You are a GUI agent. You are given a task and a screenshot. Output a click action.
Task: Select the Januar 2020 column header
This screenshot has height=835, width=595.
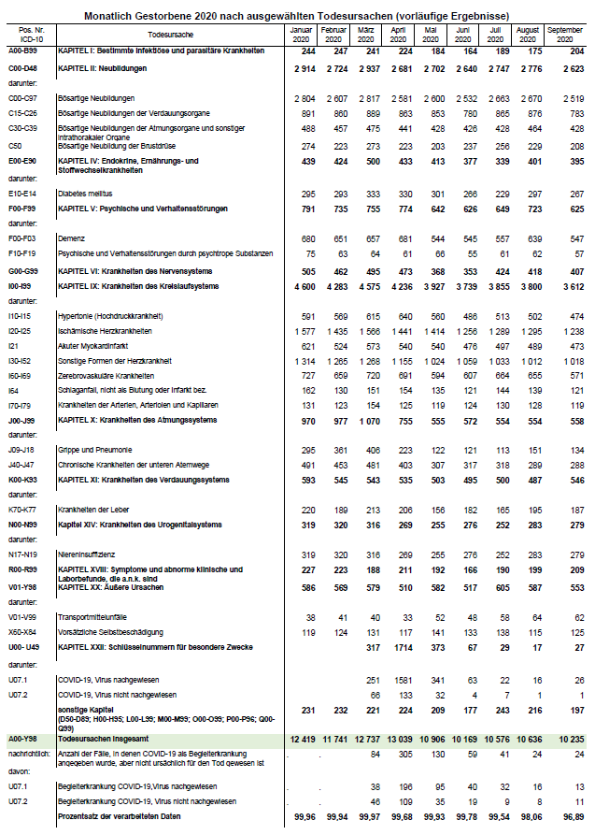click(300, 36)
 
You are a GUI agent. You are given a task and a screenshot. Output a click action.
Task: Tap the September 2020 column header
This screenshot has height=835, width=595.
click(565, 36)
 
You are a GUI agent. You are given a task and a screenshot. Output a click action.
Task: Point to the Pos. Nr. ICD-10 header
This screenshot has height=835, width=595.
click(27, 36)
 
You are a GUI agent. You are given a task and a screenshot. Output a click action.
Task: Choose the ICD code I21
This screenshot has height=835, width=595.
click(12, 344)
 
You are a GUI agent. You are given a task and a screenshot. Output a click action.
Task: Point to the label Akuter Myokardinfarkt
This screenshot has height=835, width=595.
click(93, 344)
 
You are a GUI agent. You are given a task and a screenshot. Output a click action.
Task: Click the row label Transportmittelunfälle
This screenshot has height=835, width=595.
click(92, 617)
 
